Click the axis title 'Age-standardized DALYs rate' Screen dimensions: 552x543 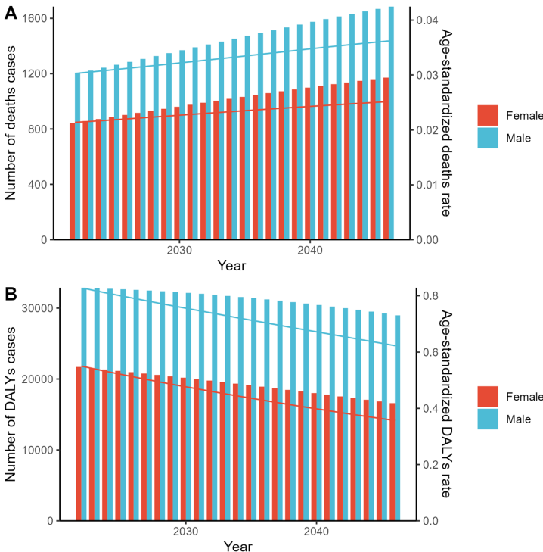coord(446,404)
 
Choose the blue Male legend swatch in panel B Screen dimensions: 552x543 coord(489,419)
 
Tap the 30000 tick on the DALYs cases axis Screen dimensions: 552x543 coord(36,308)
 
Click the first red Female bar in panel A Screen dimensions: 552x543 coord(73,182)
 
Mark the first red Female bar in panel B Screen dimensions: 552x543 coord(79,444)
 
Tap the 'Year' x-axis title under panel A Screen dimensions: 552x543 coord(231,266)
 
